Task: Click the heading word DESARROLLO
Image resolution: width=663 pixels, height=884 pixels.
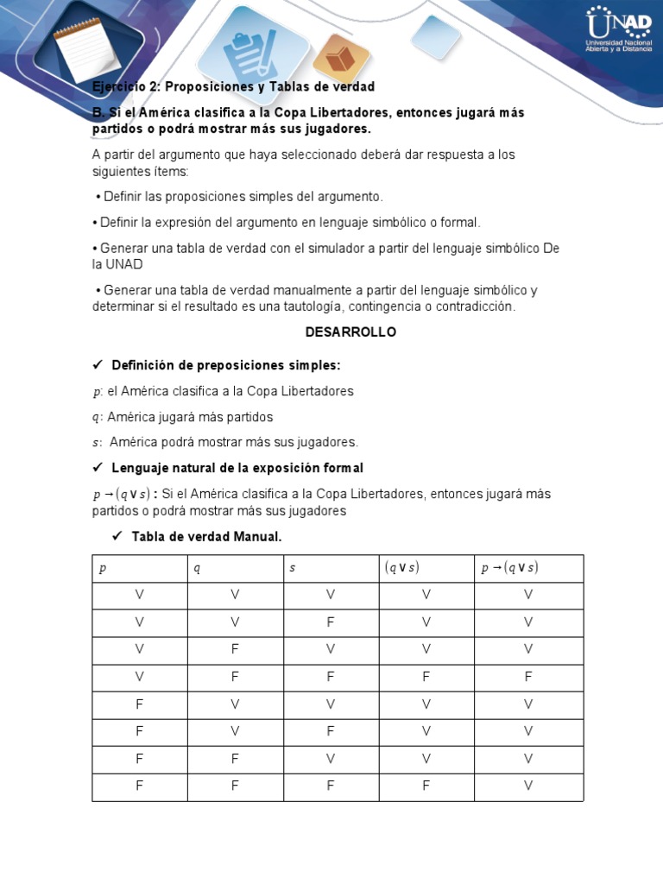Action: coord(350,332)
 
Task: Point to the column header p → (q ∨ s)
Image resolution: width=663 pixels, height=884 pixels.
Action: coord(508,568)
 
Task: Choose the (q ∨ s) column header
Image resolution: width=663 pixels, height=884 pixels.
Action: coord(401,568)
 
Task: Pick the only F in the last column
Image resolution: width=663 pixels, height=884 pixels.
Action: coord(528,678)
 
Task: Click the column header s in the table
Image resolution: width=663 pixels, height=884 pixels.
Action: coord(293,568)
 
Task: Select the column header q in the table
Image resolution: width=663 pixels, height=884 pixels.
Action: coord(196,568)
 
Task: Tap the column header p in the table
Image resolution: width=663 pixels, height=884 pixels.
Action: coord(103,568)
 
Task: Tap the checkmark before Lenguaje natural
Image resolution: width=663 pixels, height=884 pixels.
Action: coord(98,468)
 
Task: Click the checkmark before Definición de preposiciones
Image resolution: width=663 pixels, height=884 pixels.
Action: coord(98,365)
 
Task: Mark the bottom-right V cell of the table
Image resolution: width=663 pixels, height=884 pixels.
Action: coord(528,786)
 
